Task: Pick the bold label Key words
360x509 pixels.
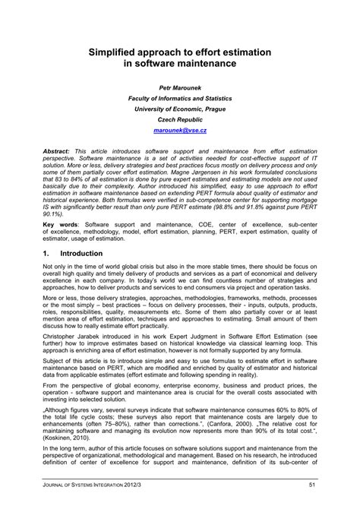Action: click(x=61, y=226)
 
